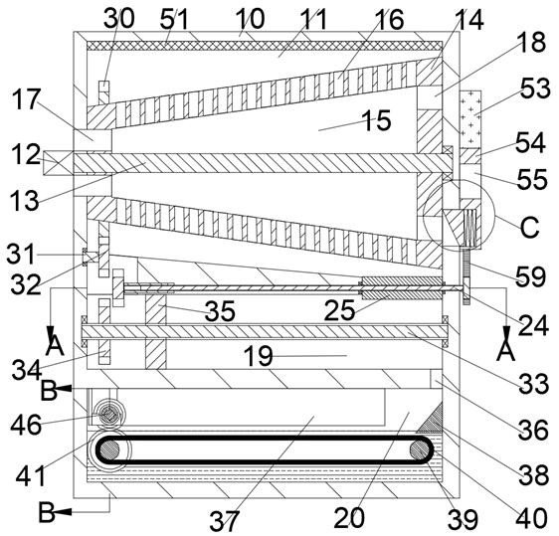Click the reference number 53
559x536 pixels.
pos(535,89)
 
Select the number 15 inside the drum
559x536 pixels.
pos(377,120)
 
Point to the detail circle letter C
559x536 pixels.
pos(529,227)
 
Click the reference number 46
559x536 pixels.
pos(26,425)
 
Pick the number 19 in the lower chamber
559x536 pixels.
pos(259,356)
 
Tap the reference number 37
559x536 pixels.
pos(224,520)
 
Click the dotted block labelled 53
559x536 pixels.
pos(470,119)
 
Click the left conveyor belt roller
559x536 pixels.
pos(109,450)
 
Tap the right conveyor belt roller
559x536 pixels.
pos(420,449)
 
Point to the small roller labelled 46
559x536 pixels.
pos(106,415)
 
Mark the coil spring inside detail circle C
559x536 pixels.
pos(470,228)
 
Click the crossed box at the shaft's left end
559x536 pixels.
pos(58,163)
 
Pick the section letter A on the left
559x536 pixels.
pos(56,345)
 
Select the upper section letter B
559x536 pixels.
pos(49,390)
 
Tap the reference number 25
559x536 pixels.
pos(340,309)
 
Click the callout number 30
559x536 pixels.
pos(119,19)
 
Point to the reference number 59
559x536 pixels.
pos(531,276)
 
